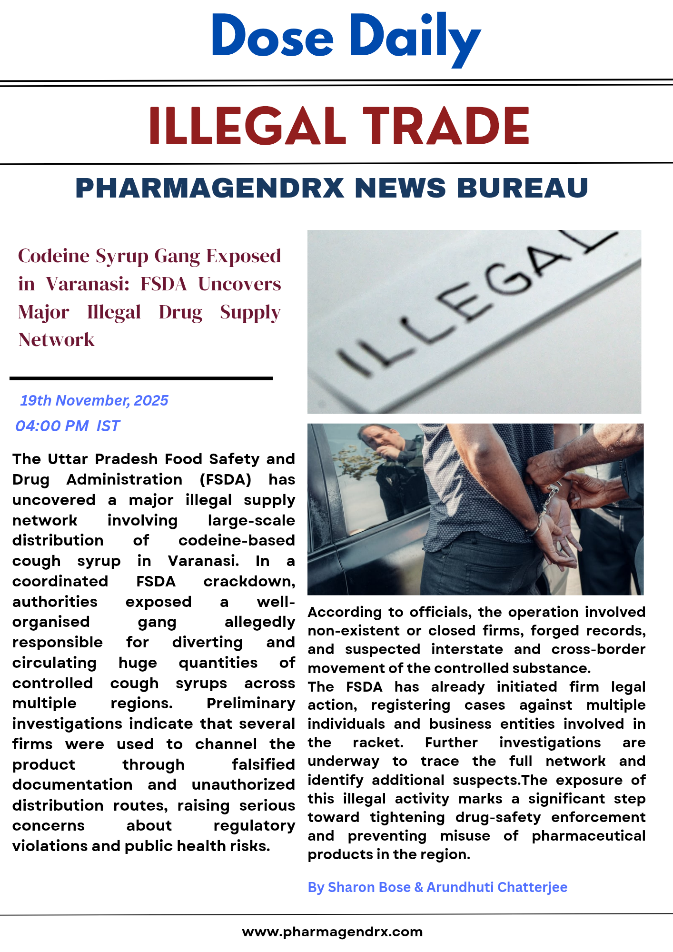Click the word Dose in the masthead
click(x=272, y=36)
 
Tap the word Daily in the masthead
click(x=415, y=38)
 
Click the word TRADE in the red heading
click(x=446, y=126)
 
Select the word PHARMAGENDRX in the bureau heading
click(x=209, y=188)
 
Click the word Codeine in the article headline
click(x=54, y=256)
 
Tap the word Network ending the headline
click(x=56, y=340)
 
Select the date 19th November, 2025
click(x=94, y=400)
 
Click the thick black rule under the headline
click(x=141, y=378)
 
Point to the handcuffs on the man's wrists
click(x=547, y=505)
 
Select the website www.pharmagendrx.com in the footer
click(x=332, y=932)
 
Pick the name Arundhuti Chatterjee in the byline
click(x=496, y=887)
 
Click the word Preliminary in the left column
click(x=251, y=703)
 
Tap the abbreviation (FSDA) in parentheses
click(x=225, y=479)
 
